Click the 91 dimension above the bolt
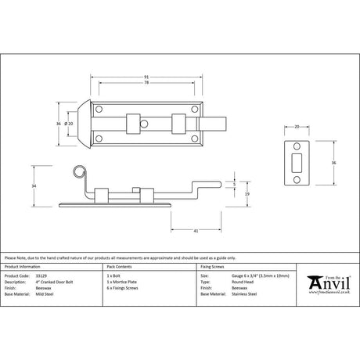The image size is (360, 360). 147,76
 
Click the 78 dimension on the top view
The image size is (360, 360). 147,84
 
